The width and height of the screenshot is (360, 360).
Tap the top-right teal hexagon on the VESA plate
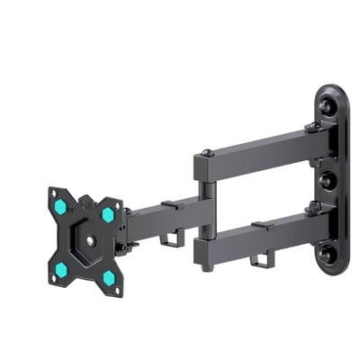(x=108, y=215)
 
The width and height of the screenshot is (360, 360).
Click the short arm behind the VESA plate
(x=162, y=215)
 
